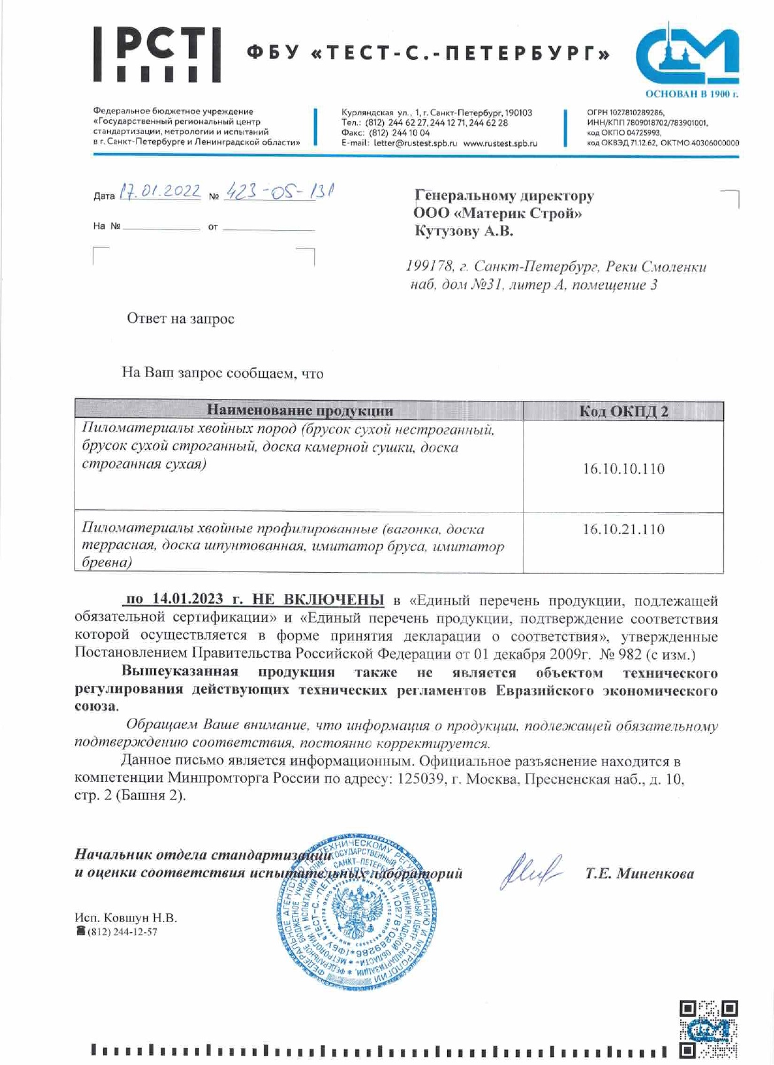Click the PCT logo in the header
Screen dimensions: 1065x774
[157, 55]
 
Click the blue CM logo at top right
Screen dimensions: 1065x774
[687, 55]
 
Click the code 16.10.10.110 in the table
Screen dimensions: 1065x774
[623, 469]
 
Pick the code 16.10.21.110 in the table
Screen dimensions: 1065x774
[623, 529]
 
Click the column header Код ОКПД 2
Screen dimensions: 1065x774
[623, 411]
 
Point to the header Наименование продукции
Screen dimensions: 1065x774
[299, 411]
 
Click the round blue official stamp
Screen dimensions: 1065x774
[356, 912]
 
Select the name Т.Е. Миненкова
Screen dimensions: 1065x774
[639, 874]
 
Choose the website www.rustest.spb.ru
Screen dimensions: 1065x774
[500, 143]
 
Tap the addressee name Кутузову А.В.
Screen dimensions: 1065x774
[464, 231]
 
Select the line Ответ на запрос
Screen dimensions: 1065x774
[180, 319]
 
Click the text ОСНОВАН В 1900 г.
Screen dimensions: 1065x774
[691, 94]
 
